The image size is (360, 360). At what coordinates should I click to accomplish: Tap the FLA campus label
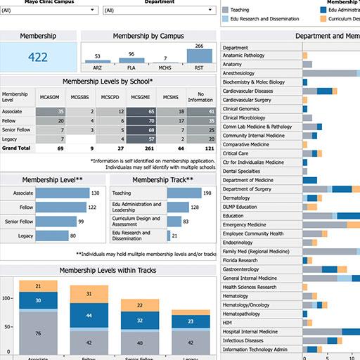pos(131,68)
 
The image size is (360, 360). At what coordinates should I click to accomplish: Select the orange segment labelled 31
pos(89,293)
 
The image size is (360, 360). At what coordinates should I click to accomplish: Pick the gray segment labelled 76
pos(38,334)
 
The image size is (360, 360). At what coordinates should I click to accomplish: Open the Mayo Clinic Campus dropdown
pos(49,11)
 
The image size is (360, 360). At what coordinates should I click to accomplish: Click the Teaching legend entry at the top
pos(239,11)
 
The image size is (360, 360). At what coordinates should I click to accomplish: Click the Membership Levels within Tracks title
pos(108,271)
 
